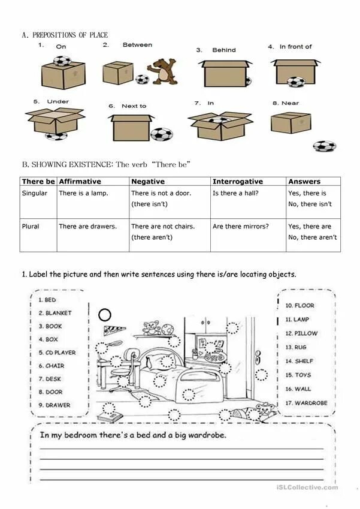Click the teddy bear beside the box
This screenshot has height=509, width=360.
click(162, 71)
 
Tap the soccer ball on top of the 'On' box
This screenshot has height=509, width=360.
click(62, 61)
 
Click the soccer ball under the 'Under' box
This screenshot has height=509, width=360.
click(56, 136)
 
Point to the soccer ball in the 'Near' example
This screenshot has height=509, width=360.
click(324, 146)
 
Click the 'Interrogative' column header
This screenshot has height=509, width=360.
click(238, 181)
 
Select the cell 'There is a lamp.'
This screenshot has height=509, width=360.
click(82, 193)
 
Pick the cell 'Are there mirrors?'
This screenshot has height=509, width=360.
click(240, 227)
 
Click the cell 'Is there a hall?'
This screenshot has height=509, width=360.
click(235, 193)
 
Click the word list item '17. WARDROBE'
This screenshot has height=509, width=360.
click(306, 403)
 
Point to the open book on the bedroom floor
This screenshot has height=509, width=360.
click(112, 417)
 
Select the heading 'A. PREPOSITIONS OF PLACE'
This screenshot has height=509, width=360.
click(65, 35)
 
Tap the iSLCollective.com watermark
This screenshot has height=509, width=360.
click(307, 487)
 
